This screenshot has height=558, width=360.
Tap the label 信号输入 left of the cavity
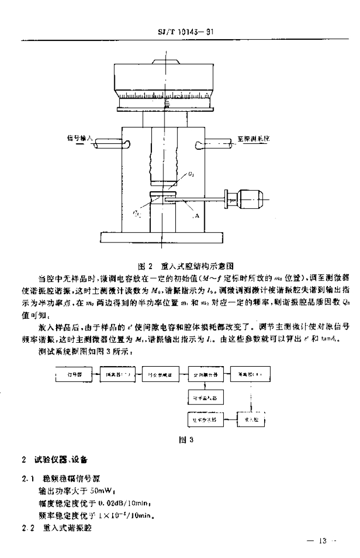point(80,139)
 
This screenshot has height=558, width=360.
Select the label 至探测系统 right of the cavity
point(254,139)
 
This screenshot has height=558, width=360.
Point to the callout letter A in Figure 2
point(196,216)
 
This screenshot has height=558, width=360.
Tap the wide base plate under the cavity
point(161,238)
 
